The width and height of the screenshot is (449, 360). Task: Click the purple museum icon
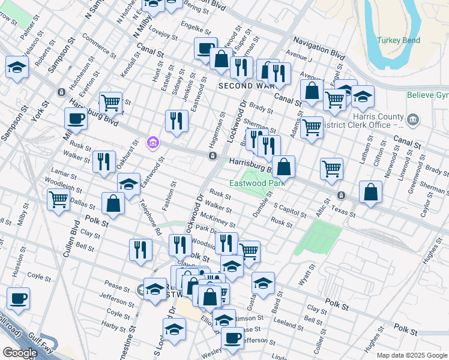click(153, 142)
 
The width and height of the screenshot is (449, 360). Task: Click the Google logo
click(19, 353)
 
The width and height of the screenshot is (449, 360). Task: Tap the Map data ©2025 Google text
click(412, 355)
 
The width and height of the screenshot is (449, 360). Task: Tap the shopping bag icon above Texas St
click(371, 192)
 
